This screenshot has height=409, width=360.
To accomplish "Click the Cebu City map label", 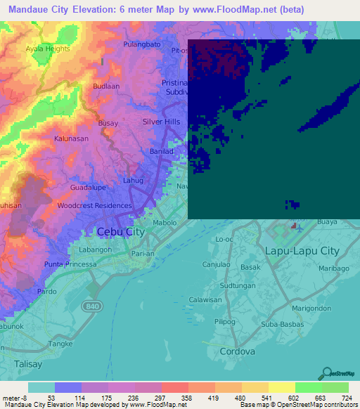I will [x=115, y=232].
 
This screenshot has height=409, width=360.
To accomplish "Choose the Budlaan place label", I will [x=108, y=86].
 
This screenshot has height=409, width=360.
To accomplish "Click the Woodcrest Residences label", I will [x=94, y=205].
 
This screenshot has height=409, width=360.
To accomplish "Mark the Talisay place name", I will [x=29, y=365].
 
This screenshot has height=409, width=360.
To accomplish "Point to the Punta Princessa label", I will [x=69, y=264].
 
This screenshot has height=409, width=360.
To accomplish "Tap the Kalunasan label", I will [x=72, y=138].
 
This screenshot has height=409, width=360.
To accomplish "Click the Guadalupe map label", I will [x=88, y=188].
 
